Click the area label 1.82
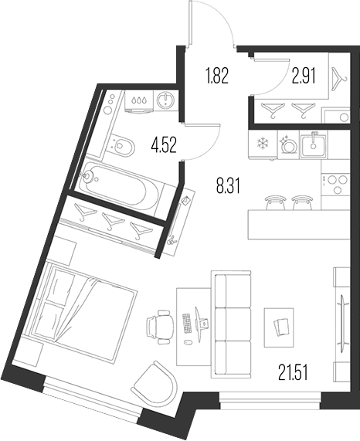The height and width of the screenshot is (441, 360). click(217, 76)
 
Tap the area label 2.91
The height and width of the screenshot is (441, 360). click(304, 76)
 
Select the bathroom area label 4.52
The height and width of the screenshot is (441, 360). click(164, 145)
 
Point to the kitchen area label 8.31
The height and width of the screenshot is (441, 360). click(228, 186)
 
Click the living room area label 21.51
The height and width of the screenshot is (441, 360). click(293, 371)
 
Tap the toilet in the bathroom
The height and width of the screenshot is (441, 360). click(122, 146)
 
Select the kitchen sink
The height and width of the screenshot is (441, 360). click(313, 145)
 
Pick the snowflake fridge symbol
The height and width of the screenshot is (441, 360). click(263, 143)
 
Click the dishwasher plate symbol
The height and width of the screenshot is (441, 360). click(288, 144)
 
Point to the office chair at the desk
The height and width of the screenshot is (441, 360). click(160, 327)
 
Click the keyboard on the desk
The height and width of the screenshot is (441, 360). click(187, 324)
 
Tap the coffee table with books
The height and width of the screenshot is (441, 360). click(279, 327)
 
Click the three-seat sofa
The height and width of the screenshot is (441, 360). click(231, 324)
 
